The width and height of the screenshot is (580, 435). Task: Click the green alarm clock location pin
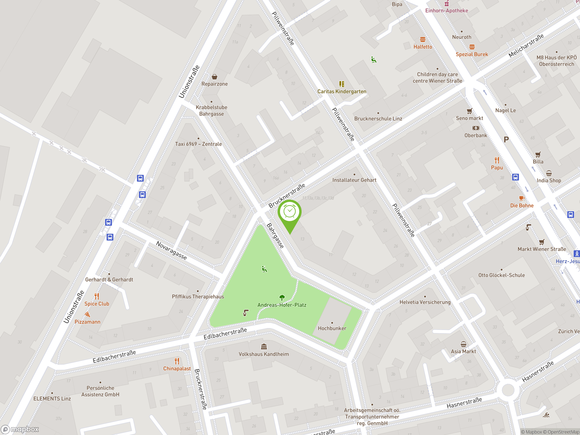pyautogui.click(x=290, y=212)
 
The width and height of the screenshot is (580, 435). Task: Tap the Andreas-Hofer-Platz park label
pyautogui.click(x=282, y=305)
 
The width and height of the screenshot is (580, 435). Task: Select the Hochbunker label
pyautogui.click(x=332, y=328)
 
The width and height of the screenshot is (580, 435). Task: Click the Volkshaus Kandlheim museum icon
pyautogui.click(x=264, y=347)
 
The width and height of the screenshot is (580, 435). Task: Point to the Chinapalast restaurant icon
pyautogui.click(x=177, y=361)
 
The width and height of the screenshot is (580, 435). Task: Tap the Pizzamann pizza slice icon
pyautogui.click(x=87, y=314)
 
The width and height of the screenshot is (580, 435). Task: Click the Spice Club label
pyautogui.click(x=97, y=304)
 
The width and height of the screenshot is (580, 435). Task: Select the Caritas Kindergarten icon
pyautogui.click(x=342, y=84)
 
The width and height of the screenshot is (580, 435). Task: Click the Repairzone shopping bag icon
pyautogui.click(x=215, y=77)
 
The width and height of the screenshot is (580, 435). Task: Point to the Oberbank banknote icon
pyautogui.click(x=476, y=128)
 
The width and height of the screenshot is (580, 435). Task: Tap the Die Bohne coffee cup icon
pyautogui.click(x=522, y=198)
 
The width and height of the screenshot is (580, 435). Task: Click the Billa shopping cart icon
pyautogui.click(x=538, y=155)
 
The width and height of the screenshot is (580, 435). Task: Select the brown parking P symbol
pyautogui.click(x=506, y=140)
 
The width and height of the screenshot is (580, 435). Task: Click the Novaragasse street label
pyautogui.click(x=172, y=250)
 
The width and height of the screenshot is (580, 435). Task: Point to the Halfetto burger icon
pyautogui.click(x=423, y=40)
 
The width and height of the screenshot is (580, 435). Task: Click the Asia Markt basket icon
pyautogui.click(x=463, y=344)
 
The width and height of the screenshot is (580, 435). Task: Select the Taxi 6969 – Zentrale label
pyautogui.click(x=198, y=144)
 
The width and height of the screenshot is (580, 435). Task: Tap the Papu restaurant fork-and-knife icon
pyautogui.click(x=497, y=160)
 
